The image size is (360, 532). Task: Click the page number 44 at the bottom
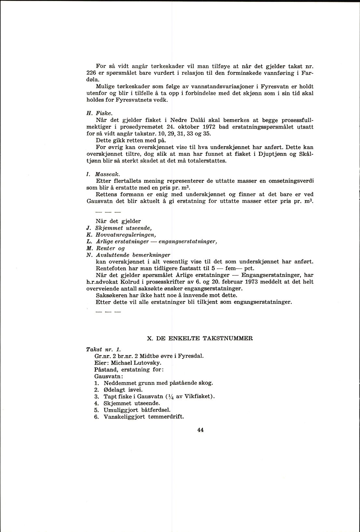point(200,430)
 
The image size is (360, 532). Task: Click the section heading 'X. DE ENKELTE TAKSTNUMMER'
point(200,338)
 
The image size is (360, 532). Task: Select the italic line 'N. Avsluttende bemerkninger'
point(128,255)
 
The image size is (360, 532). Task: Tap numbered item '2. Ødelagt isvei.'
point(118,390)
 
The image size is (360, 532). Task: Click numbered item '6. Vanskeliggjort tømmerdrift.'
point(139,417)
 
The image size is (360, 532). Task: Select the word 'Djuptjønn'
point(270,154)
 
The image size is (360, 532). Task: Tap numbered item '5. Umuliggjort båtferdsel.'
point(132,410)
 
